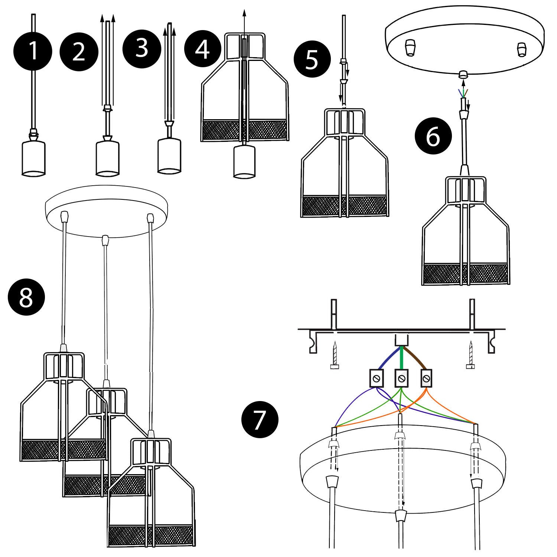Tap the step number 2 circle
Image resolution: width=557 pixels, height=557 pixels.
[79, 52]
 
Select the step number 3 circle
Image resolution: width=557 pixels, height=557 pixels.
[141, 48]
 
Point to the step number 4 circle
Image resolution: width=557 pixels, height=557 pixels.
[202, 49]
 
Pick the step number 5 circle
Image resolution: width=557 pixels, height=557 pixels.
[312, 59]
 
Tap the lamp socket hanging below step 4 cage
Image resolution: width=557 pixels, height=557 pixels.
[244, 162]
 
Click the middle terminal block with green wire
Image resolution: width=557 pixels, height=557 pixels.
[401, 378]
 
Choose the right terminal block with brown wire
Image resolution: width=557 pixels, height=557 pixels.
[427, 378]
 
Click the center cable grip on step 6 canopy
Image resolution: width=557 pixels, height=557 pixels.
[463, 74]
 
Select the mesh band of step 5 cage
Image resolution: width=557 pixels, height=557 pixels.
[344, 206]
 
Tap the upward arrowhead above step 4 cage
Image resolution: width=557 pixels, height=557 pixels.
[244, 12]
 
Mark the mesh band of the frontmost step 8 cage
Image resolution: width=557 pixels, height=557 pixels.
[151, 534]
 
